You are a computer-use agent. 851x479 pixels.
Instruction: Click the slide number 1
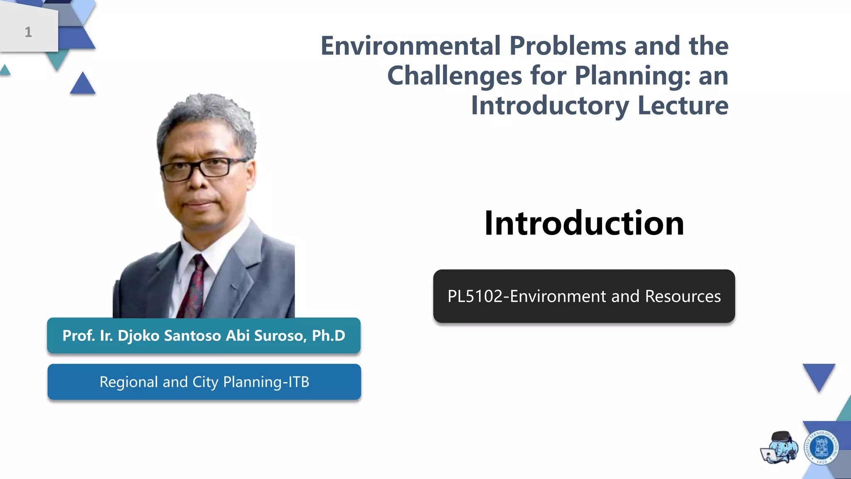(28, 32)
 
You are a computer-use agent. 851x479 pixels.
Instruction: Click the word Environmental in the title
(410, 46)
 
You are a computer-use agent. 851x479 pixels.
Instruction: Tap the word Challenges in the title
(454, 76)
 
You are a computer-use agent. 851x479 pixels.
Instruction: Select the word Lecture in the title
(683, 106)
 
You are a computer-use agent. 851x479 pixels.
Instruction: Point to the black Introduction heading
(584, 223)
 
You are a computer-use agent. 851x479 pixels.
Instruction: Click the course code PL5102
(475, 296)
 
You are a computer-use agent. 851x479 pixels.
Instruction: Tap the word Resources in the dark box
(683, 296)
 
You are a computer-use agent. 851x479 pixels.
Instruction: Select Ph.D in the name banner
(328, 336)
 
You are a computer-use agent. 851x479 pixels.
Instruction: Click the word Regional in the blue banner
(129, 382)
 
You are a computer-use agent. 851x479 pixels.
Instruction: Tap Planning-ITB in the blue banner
(266, 382)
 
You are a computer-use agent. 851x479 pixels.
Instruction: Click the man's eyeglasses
(204, 168)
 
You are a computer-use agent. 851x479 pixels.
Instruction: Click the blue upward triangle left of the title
(82, 84)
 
